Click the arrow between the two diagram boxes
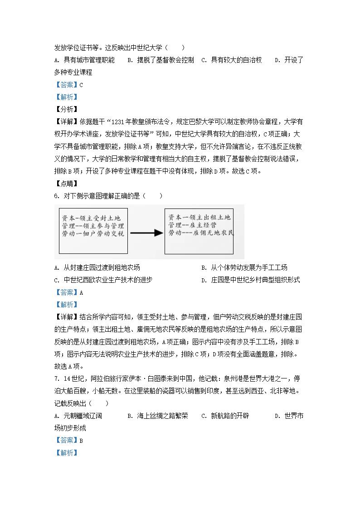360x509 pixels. point(146,233)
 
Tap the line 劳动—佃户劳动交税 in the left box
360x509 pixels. point(92,234)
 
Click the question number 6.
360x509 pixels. point(56,196)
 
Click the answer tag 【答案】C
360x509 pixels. point(68,85)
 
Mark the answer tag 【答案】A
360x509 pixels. point(68,292)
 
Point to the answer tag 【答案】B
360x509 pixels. point(68,440)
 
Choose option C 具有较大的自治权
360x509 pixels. point(231,60)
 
